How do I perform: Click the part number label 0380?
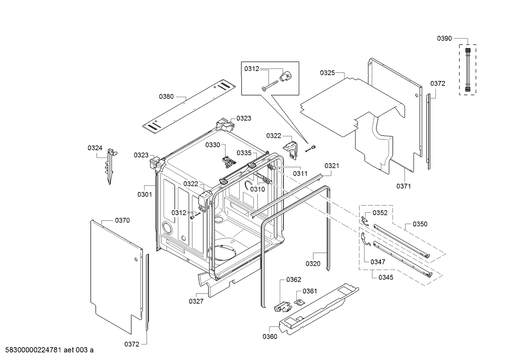pyautogui.click(x=166, y=96)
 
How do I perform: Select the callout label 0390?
pyautogui.click(x=444, y=39)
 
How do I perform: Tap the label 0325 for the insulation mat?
pyautogui.click(x=327, y=73)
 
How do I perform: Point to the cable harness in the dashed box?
pyautogui.click(x=468, y=69)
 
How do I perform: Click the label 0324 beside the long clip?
pyautogui.click(x=95, y=148)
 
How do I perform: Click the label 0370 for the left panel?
pyautogui.click(x=122, y=220)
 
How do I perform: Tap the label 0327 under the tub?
pyautogui.click(x=196, y=301)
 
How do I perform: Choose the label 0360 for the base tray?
pyautogui.click(x=270, y=336)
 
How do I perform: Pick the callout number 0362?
pyautogui.click(x=293, y=279)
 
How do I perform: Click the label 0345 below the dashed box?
pyautogui.click(x=386, y=278)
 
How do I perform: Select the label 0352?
pyautogui.click(x=380, y=213)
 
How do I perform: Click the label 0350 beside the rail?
pyautogui.click(x=420, y=224)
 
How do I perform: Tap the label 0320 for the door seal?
pyautogui.click(x=313, y=264)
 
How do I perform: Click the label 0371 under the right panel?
pyautogui.click(x=403, y=186)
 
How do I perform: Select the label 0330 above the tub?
pyautogui.click(x=213, y=145)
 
